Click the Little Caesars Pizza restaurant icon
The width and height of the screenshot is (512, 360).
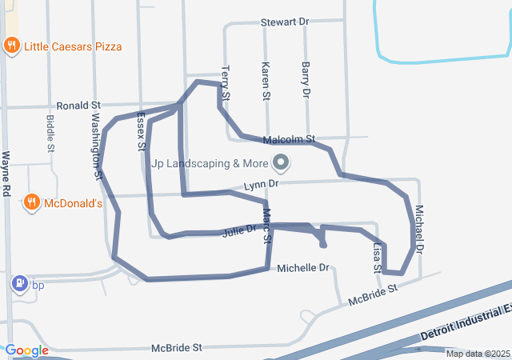(x=11, y=46)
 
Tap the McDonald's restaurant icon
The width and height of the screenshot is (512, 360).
(x=32, y=203)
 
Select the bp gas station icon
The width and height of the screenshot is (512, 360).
(x=18, y=284)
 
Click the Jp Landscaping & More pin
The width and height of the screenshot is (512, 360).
(x=281, y=163)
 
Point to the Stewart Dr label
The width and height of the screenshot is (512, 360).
(x=285, y=22)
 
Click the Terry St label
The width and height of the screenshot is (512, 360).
(x=226, y=82)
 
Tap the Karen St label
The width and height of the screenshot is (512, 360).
(x=266, y=79)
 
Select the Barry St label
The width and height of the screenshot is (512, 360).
(x=305, y=79)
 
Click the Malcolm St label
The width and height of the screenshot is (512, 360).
(x=294, y=138)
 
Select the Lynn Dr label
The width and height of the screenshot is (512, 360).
(x=262, y=184)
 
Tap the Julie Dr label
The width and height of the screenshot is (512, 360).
(x=239, y=230)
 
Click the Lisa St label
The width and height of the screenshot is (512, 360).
(x=378, y=258)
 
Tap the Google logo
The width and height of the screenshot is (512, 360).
(x=27, y=350)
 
